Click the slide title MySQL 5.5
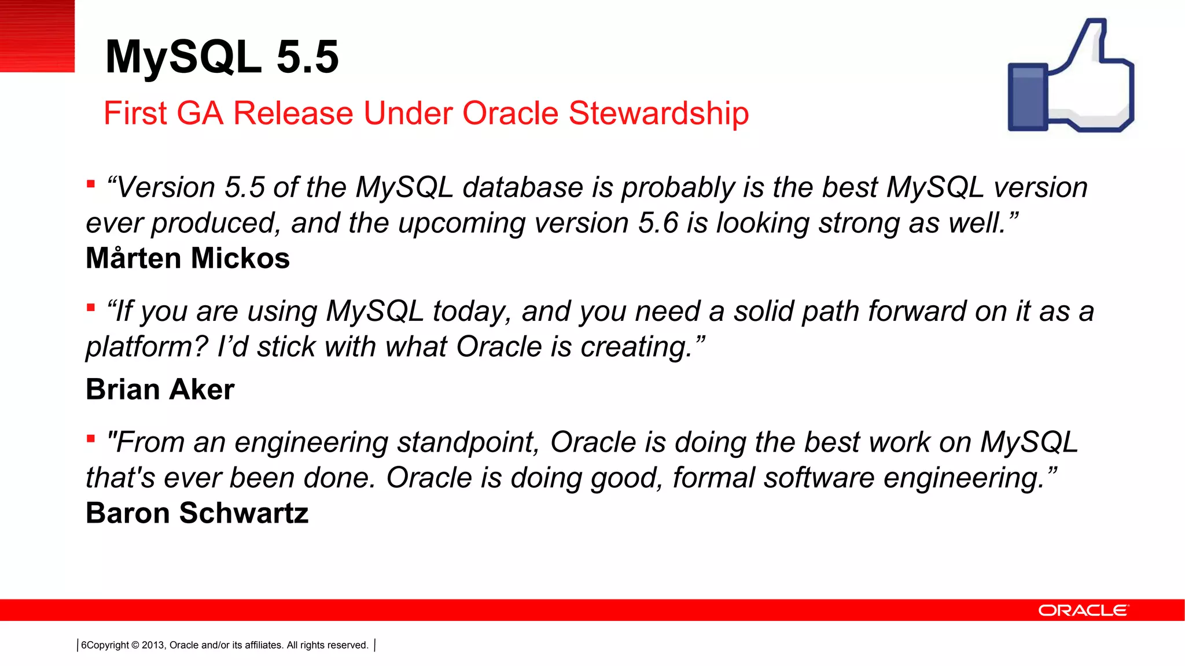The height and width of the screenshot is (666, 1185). click(222, 57)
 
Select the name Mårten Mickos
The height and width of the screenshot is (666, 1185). click(187, 258)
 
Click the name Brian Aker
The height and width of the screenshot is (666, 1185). click(160, 390)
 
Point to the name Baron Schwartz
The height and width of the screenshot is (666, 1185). click(197, 513)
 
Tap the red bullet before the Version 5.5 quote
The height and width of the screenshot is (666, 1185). click(91, 184)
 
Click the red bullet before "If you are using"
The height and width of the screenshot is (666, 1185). click(91, 308)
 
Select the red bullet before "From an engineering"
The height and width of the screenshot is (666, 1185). click(91, 439)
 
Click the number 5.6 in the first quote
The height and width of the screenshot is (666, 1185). click(658, 223)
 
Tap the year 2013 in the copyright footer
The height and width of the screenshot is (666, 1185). click(153, 645)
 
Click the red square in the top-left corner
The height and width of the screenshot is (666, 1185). click(37, 36)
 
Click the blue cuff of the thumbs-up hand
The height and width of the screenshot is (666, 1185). click(1028, 97)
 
